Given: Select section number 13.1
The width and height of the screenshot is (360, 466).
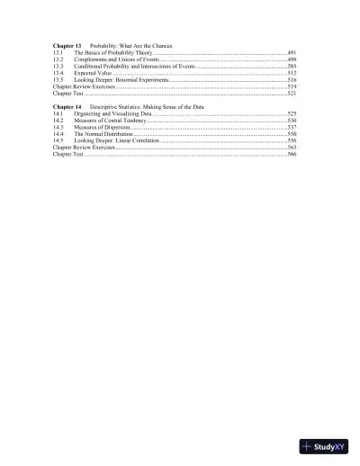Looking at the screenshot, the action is coord(58,53).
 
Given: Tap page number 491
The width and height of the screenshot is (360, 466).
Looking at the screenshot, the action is coord(292,53).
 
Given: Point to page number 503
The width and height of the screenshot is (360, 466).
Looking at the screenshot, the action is coord(292,67).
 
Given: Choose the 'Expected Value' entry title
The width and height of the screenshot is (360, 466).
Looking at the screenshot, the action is coord(94,73).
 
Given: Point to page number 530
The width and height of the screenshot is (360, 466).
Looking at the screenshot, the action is coord(292,121).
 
